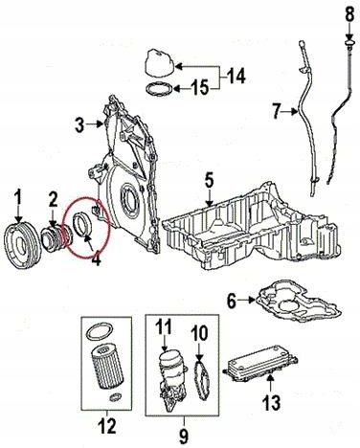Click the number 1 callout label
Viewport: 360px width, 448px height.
[18, 198]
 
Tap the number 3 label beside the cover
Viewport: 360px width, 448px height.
[79, 125]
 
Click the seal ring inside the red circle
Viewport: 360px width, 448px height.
[83, 226]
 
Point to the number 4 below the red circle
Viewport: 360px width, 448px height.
[96, 260]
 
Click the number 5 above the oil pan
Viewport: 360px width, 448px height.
[209, 181]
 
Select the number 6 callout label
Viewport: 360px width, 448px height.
[232, 301]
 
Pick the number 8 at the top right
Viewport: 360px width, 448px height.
[349, 14]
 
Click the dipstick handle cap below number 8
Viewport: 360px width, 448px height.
[349, 43]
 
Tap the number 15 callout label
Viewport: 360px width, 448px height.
[200, 87]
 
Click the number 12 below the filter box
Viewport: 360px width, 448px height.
[107, 426]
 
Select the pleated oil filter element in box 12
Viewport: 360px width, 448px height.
[107, 367]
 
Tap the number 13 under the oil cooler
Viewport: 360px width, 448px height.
[272, 402]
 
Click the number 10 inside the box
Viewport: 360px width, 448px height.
[199, 333]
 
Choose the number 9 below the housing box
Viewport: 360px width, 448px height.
[184, 436]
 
